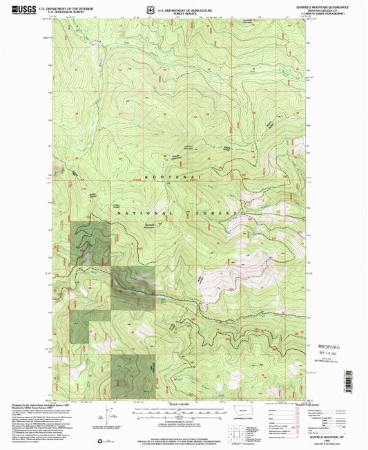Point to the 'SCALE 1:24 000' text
184,404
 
